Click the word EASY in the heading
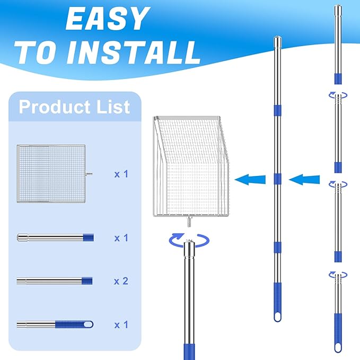[108, 19]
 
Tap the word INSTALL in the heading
[133, 53]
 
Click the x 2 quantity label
[121, 281]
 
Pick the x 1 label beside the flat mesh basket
[121, 174]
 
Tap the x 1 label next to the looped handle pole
[121, 324]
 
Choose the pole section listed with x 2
[55, 281]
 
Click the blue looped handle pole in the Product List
[55, 324]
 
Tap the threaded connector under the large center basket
[190, 222]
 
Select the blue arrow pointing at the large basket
[250, 180]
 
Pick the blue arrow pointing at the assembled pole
[304, 180]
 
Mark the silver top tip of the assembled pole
[277, 40]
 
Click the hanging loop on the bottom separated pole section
[338, 347]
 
